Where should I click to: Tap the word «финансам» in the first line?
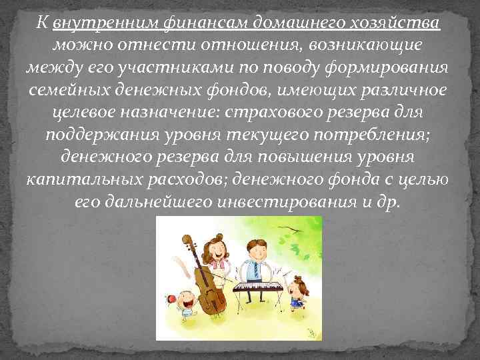[x=195, y=25]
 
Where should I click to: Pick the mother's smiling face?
[x=217, y=252]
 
